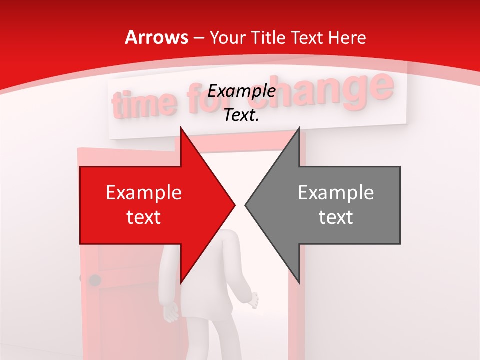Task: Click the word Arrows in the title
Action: pos(156,37)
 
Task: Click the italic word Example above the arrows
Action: pos(241,91)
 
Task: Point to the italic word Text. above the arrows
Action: pos(241,115)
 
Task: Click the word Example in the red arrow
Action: pos(144,193)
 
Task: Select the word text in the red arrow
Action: pos(144,217)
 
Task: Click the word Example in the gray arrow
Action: pos(336,193)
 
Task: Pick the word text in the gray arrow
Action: pos(336,217)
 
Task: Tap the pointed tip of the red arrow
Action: pos(235,205)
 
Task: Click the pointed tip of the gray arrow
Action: pos(245,205)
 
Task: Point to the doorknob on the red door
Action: pos(94,280)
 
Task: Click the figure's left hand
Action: pos(171,312)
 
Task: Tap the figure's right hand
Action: pos(254,300)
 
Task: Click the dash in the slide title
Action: pos(198,38)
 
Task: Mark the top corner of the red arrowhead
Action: pos(181,127)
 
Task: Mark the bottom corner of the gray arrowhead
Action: pos(299,283)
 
